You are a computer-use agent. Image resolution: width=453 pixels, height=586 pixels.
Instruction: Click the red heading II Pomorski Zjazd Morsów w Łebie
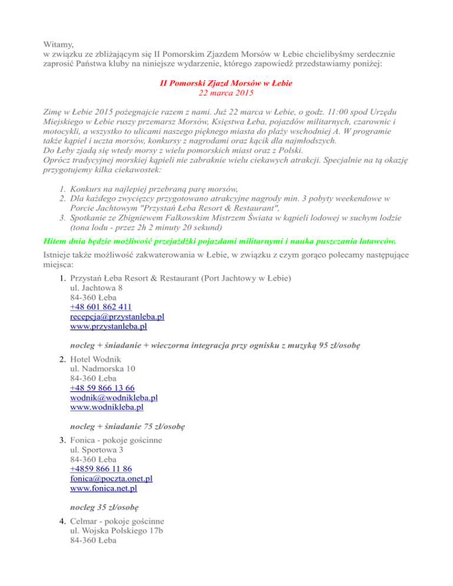[226, 84]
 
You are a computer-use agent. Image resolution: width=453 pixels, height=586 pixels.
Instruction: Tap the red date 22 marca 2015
[226, 93]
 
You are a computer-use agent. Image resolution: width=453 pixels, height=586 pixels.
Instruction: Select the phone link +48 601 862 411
[100, 307]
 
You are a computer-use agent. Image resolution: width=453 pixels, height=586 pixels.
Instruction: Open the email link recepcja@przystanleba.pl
[117, 317]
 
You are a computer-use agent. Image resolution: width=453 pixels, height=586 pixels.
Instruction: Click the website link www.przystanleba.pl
[108, 326]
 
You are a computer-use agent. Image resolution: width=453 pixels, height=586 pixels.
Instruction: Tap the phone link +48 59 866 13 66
[102, 387]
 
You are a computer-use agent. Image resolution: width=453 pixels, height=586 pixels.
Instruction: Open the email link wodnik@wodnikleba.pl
[113, 397]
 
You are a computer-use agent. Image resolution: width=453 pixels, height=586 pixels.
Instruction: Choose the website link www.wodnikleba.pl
[106, 407]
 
